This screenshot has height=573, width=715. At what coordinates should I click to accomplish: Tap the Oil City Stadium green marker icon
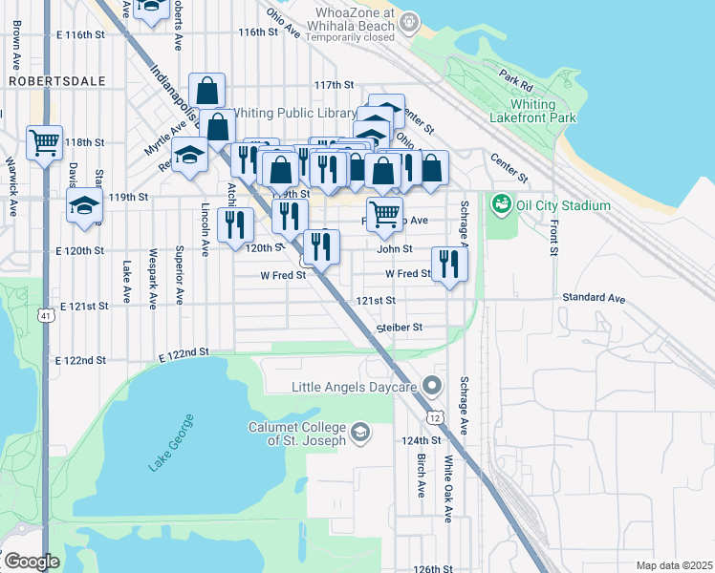click(x=500, y=204)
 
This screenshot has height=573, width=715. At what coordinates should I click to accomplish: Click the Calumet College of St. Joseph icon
click(x=360, y=433)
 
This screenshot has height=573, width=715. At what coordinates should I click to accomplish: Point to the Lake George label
click(x=171, y=442)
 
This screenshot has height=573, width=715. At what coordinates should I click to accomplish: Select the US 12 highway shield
click(x=435, y=418)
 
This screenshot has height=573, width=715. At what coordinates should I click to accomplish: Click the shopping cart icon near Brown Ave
click(x=44, y=143)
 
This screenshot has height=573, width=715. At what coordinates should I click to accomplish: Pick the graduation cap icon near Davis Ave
click(x=84, y=204)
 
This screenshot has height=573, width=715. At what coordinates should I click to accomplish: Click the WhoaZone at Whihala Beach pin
click(x=410, y=21)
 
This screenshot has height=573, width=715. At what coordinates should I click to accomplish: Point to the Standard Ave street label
click(x=594, y=299)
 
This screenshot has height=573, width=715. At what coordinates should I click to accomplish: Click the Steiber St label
click(x=400, y=328)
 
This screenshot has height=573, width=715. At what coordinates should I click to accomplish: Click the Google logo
click(x=31, y=562)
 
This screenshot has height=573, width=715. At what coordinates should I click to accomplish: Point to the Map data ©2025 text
click(x=673, y=565)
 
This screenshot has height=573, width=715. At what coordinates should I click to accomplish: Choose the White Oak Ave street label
click(x=447, y=487)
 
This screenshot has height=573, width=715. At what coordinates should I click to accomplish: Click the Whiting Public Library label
click(x=296, y=114)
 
